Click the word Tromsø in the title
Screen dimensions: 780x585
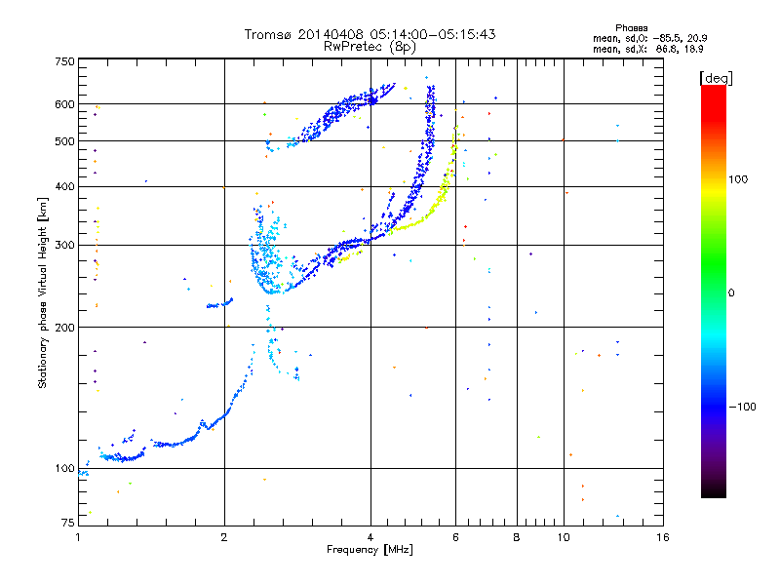click(x=267, y=34)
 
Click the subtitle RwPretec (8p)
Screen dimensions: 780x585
click(x=370, y=47)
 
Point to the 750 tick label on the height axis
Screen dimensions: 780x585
click(x=64, y=61)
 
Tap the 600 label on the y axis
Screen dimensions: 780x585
click(x=64, y=104)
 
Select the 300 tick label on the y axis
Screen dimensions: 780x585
click(x=64, y=246)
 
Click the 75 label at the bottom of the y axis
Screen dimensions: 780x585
click(x=68, y=523)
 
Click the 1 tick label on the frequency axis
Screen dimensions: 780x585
click(x=78, y=537)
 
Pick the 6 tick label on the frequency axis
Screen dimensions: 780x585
click(x=455, y=537)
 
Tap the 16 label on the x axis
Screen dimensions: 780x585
click(x=663, y=537)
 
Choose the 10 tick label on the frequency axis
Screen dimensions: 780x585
click(x=564, y=537)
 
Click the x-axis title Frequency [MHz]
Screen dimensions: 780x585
click(x=370, y=550)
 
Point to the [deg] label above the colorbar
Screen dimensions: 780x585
click(x=716, y=78)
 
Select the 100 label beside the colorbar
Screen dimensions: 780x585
click(x=738, y=179)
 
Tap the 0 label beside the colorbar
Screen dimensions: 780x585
click(x=731, y=293)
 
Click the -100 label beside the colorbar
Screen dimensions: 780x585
click(x=743, y=407)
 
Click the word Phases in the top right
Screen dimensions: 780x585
click(x=632, y=28)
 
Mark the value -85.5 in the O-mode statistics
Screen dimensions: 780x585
click(x=667, y=39)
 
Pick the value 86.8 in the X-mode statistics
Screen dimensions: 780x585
click(x=668, y=50)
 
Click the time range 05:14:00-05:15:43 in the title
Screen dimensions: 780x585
click(x=433, y=34)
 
